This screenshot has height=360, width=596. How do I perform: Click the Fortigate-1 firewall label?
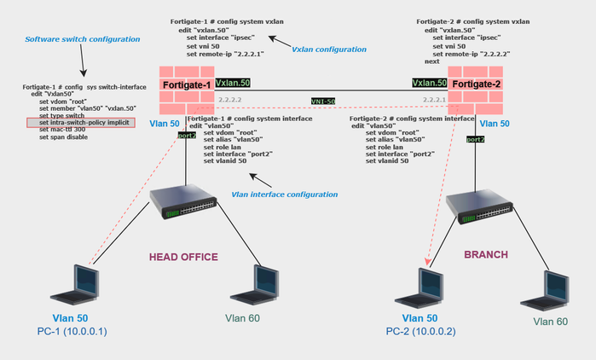pyautogui.click(x=187, y=85)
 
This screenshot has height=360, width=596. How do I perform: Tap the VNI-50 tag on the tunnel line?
pyautogui.click(x=323, y=100)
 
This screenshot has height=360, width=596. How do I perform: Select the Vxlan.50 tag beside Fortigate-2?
pyautogui.click(x=429, y=84)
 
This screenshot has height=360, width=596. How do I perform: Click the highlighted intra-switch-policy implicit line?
pyautogui.click(x=80, y=123)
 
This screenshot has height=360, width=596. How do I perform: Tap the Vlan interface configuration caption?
pyautogui.click(x=284, y=195)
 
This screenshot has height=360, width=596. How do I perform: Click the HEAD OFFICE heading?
pyautogui.click(x=183, y=257)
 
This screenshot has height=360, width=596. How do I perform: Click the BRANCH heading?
pyautogui.click(x=485, y=254)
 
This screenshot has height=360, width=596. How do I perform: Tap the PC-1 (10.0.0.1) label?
pyautogui.click(x=79, y=331)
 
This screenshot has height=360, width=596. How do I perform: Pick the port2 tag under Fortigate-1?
pyautogui.click(x=187, y=135)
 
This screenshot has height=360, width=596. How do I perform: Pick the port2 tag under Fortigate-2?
pyautogui.click(x=476, y=139)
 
